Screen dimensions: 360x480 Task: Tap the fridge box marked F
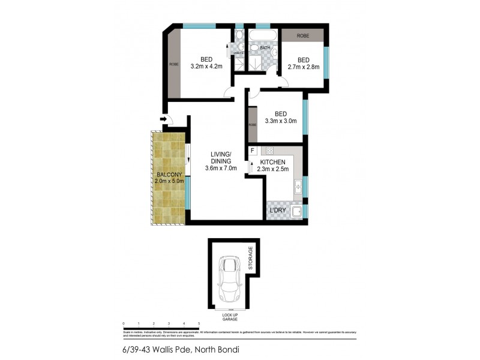click(253, 151)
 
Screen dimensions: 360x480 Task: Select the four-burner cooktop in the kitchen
click(269, 151)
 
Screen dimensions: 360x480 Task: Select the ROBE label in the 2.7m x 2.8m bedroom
click(303, 35)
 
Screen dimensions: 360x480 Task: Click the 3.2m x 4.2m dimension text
click(206, 66)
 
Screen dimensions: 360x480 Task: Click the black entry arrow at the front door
click(163, 120)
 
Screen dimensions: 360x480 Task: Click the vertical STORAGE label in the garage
click(250, 258)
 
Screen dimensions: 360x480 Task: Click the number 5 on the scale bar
click(199, 323)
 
